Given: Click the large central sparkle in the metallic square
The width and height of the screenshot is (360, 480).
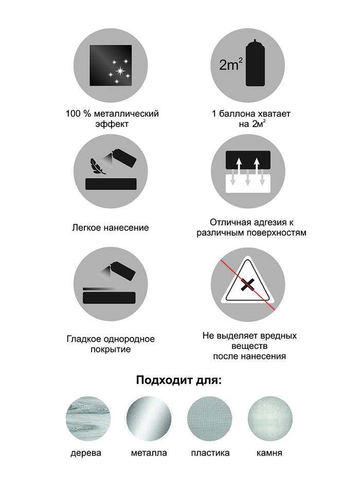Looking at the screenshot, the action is [120, 72].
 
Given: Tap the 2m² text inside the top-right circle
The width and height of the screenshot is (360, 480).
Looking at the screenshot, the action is [231, 65].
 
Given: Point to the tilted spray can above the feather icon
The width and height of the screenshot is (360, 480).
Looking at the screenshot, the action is [124, 158].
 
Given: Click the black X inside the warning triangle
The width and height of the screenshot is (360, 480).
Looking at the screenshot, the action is [247, 285].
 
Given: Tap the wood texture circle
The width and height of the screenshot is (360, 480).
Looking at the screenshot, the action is [88, 419].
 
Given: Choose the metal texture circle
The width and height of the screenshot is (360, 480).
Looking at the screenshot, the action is [149, 419].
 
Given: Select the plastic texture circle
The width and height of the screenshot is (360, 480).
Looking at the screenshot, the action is [210, 419].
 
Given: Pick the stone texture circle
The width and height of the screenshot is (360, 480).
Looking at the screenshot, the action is [270, 419].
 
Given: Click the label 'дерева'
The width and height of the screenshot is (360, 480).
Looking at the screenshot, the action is [86, 453].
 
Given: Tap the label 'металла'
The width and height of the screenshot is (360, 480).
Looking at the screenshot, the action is [149, 453].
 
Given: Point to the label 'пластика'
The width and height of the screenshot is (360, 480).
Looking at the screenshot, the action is [210, 453].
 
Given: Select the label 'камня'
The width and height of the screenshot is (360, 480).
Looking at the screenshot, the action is [269, 453].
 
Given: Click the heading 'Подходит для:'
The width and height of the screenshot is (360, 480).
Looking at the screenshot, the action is [179, 381].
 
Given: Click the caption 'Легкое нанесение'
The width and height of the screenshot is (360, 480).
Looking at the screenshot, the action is [111, 228].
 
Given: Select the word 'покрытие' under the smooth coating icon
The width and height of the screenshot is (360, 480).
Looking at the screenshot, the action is [111, 349].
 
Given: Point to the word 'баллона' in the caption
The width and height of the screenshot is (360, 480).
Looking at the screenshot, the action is [232, 114].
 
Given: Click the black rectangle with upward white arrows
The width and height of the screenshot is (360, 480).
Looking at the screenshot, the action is [248, 160].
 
